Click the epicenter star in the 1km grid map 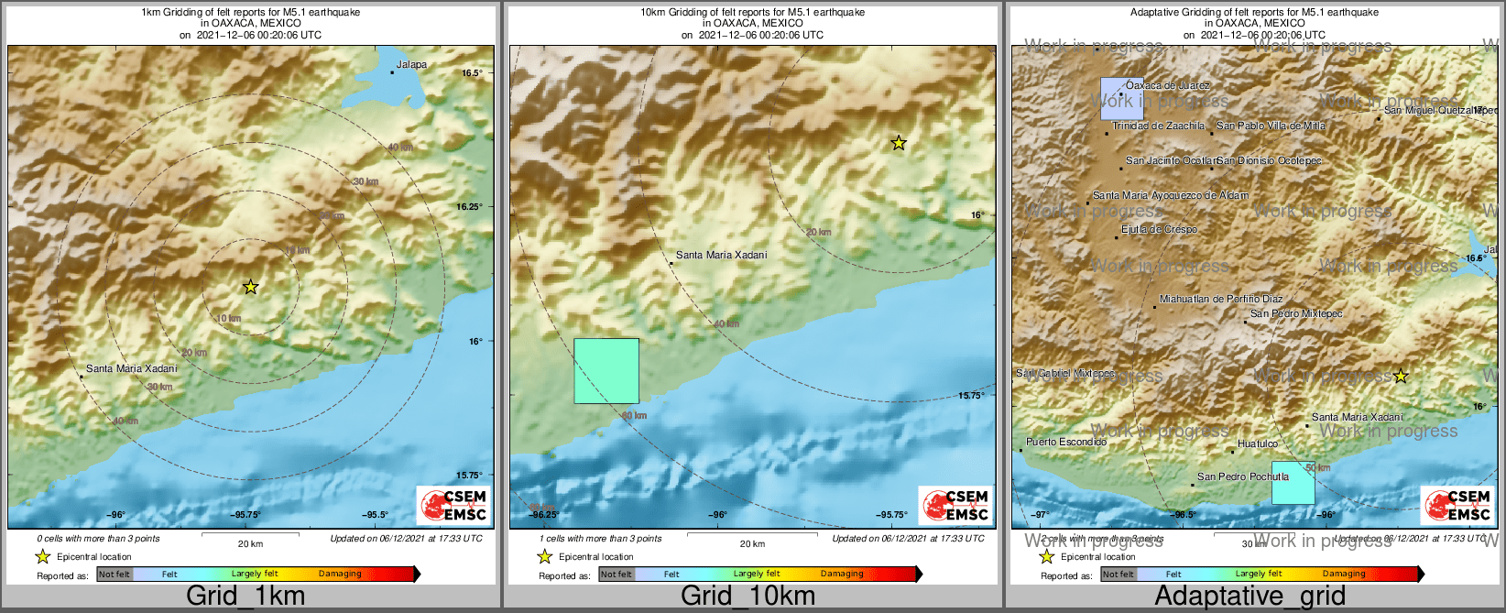250,287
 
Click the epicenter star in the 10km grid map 899,142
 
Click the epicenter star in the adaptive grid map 1400,376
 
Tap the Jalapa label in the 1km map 411,65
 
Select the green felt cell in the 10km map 606,371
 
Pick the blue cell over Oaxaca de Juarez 1116,98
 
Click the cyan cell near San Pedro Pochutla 1293,483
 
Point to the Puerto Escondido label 1065,442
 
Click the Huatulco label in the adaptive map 1257,443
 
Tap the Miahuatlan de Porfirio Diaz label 1220,300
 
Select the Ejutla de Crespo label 1159,230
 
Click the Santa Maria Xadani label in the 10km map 721,255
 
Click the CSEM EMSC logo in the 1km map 453,505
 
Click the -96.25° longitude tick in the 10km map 544,515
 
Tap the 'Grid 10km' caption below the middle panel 748,596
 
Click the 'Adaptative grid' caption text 1250,596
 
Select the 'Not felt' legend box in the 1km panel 115,575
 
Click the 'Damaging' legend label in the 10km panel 842,575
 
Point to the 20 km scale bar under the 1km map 250,534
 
